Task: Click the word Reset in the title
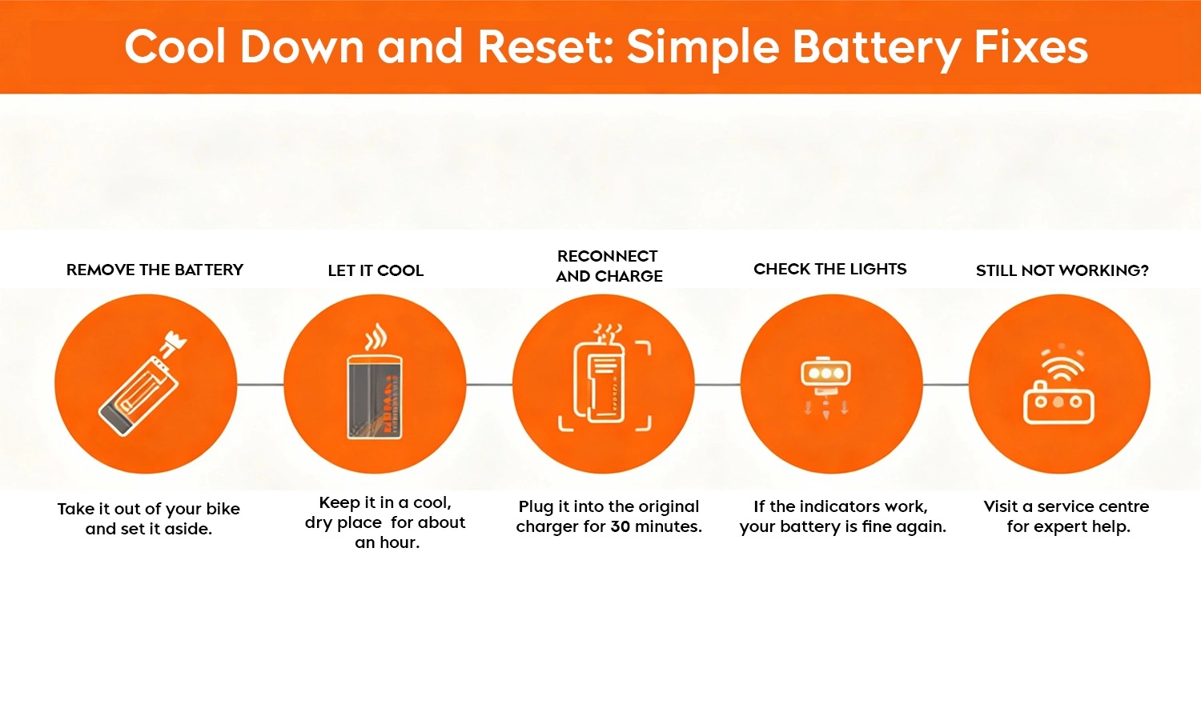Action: tap(544, 46)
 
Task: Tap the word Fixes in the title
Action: tap(1030, 46)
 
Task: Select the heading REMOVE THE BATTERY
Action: tap(155, 270)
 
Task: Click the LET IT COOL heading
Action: tap(376, 270)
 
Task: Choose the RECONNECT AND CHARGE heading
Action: tap(609, 266)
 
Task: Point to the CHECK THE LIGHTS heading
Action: tap(829, 269)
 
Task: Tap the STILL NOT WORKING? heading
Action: tap(1062, 270)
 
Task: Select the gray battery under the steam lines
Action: tap(374, 397)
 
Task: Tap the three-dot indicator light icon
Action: tap(825, 374)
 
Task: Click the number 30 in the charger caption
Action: tap(620, 526)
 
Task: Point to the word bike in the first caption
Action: tap(223, 509)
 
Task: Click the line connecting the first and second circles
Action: tap(260, 385)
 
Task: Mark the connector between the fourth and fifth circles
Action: tap(946, 385)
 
